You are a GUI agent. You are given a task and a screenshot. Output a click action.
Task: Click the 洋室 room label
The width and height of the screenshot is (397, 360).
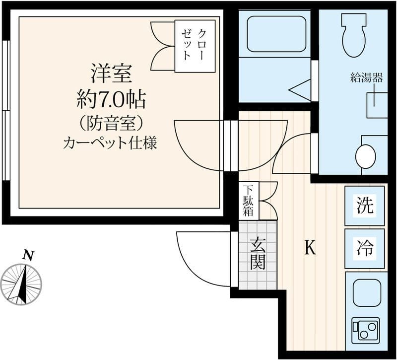click(x=112, y=73)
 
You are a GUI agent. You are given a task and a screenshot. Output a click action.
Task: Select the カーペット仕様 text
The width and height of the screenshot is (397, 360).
click(x=110, y=144)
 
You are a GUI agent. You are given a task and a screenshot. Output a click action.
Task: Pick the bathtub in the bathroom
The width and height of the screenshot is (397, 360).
click(x=276, y=34)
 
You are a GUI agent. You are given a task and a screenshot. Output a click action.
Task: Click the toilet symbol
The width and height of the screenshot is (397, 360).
click(x=354, y=35)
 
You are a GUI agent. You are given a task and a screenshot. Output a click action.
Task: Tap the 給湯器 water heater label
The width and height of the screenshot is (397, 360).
click(x=366, y=78)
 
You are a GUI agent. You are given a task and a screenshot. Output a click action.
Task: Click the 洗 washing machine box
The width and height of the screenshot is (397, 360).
click(x=365, y=206)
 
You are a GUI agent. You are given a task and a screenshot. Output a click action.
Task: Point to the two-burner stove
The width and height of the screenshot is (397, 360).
click(x=366, y=329)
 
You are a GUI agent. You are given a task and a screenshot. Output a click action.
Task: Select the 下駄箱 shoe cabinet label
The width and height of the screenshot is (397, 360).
click(x=248, y=201)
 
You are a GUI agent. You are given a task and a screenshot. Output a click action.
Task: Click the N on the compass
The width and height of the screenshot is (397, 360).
click(x=28, y=255)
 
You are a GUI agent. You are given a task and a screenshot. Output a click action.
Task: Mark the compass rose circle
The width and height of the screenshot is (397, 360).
click(x=21, y=284)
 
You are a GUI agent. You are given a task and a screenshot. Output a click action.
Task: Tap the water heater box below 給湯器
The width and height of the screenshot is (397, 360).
click(x=377, y=105)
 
